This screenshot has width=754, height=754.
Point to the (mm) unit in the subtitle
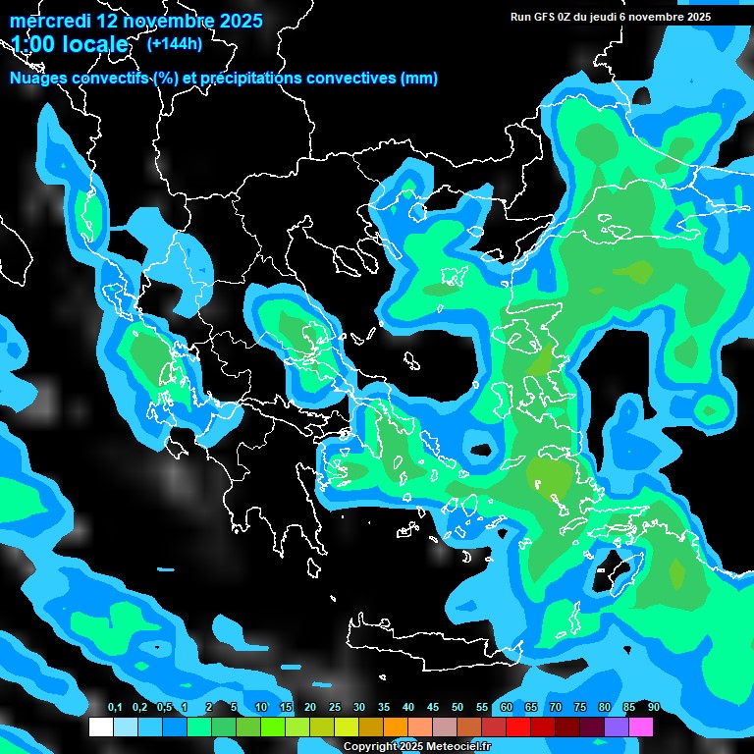point(419,79)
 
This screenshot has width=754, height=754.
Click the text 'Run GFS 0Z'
point(543,17)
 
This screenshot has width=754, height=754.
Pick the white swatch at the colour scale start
point(101,727)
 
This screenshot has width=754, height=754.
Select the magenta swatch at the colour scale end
point(641,727)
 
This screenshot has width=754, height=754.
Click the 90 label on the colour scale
point(653,708)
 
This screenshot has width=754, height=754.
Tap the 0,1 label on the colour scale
point(114,708)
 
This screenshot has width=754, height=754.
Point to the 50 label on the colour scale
point(458,708)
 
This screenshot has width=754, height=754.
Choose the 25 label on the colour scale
point(335,708)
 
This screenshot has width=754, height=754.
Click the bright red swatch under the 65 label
point(518,727)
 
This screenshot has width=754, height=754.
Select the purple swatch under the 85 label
point(617,727)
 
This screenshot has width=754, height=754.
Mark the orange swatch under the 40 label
point(396,727)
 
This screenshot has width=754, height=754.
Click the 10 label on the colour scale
point(261,708)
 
